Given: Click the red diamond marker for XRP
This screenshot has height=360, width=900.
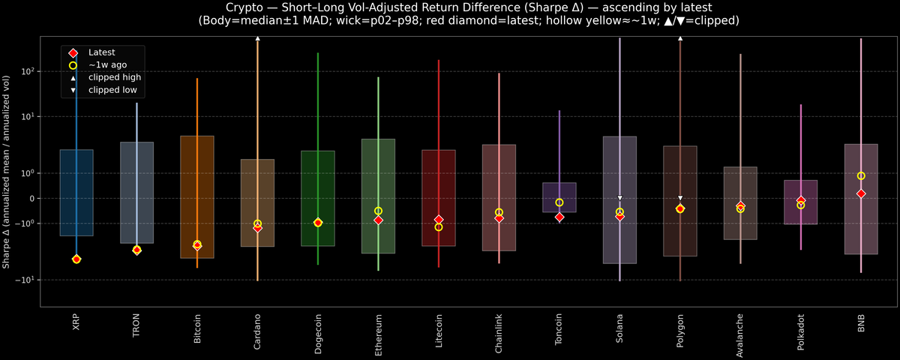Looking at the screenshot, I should pos(76,259).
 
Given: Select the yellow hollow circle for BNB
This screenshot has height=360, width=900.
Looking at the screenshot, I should pos(861,176).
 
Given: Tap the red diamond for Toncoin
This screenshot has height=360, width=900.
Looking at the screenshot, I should pos(559,217).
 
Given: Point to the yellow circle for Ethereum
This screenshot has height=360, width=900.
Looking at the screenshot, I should pos(378,211).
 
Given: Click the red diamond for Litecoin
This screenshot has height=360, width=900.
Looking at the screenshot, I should pos(439,220).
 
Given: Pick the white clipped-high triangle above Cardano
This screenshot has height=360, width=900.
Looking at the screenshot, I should pos(257,37).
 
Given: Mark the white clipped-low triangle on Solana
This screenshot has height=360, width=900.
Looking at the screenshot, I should pos(619,198).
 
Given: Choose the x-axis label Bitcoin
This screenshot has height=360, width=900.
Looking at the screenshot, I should pos(197,329).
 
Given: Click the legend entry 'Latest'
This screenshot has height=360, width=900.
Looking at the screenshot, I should pos(102,52).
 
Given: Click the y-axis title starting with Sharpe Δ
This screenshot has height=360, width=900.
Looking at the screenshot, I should pos(7,172).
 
